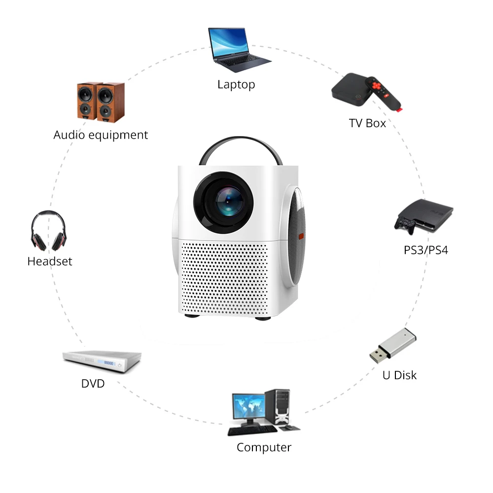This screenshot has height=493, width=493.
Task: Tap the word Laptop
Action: [236, 84]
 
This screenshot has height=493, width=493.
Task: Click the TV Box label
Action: [367, 123]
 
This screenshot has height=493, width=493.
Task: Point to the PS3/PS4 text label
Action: [426, 249]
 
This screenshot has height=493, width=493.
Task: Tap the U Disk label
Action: [399, 375]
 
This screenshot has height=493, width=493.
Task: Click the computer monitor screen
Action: [249, 407]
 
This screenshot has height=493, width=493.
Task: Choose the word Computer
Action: [264, 448]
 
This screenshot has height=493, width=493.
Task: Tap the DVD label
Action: [93, 383]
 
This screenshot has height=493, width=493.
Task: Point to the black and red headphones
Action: [48, 231]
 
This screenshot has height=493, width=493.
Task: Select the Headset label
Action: [50, 261]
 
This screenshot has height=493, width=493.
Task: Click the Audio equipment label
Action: [101, 135]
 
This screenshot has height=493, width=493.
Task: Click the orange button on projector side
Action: [300, 236]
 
